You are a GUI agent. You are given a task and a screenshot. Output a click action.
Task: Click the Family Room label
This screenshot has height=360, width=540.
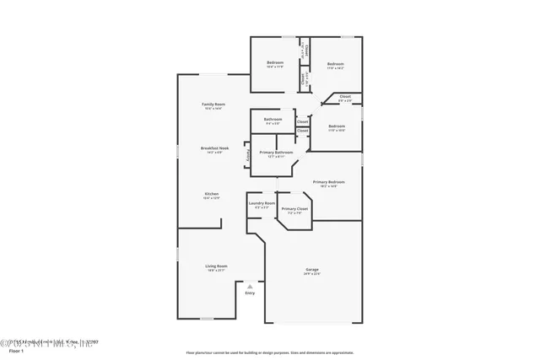point(213,104)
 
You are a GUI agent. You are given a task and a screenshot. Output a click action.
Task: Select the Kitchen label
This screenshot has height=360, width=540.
point(211,194)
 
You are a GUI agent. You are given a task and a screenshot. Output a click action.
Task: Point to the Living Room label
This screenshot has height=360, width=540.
point(216,266)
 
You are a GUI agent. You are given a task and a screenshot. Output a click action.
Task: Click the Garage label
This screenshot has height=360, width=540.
point(312,269)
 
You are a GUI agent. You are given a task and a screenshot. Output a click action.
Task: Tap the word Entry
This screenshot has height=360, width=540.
point(250,293)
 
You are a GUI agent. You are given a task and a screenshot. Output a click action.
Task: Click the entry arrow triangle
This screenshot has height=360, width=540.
point(250,286)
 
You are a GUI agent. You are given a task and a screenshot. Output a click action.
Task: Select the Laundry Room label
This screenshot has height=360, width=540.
point(262,203)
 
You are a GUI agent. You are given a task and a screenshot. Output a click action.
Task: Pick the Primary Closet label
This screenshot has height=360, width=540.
point(294,208)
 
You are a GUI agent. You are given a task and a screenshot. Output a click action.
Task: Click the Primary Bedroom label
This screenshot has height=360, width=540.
point(329,182)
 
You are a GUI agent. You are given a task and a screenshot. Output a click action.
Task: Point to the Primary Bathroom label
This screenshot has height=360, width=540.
point(276,153)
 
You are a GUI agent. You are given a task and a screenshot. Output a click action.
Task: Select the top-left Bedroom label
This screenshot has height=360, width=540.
point(275,63)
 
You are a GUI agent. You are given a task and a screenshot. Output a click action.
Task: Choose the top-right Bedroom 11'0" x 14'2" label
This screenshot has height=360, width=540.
point(335,64)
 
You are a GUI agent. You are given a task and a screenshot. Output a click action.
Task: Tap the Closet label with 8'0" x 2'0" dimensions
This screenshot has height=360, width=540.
point(344,97)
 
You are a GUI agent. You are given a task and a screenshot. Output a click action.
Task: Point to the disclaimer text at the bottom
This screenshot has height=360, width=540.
point(271,353)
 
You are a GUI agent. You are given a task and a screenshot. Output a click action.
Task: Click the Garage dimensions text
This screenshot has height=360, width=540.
point(312,274)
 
